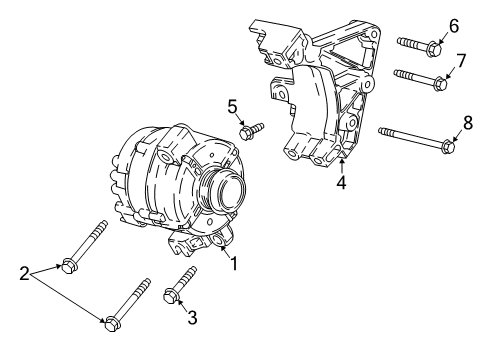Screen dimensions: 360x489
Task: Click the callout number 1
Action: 234,264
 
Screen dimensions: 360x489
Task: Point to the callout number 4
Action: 341,183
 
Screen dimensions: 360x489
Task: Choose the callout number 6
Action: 453,25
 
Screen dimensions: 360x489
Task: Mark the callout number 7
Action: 461,62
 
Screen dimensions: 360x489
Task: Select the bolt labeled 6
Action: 418,44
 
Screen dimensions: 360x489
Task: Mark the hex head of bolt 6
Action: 435,47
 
